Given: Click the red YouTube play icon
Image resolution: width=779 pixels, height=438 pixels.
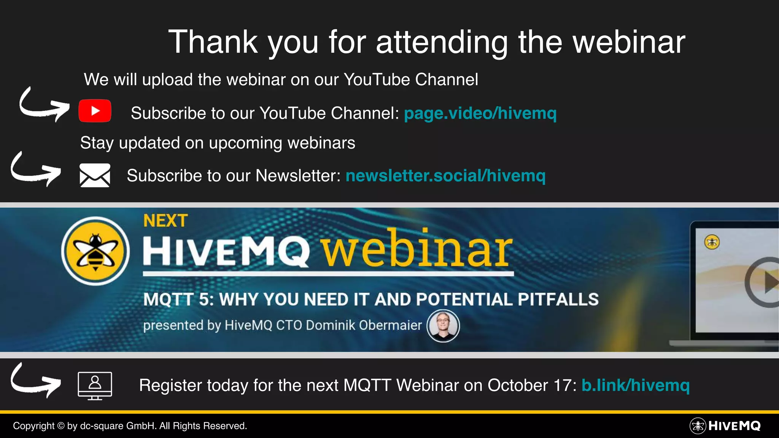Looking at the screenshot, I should (95, 111).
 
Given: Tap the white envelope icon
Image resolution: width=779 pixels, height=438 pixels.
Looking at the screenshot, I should (95, 175).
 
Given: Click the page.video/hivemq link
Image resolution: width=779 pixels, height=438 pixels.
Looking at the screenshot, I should (480, 113).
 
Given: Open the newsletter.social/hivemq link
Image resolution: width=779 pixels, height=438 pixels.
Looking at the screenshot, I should (445, 176).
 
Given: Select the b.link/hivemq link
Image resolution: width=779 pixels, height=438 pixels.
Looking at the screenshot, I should (635, 385).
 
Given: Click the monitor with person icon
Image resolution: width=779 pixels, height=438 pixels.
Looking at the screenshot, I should (95, 385).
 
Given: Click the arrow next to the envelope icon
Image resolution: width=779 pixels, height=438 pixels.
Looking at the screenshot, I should (35, 170).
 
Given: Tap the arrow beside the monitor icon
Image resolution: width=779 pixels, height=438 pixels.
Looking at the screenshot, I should (35, 381).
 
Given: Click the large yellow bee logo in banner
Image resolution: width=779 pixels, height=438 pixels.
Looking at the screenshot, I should (95, 251).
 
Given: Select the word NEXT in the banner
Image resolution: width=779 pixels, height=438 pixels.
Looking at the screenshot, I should (165, 221).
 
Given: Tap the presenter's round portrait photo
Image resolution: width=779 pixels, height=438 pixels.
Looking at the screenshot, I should (443, 326).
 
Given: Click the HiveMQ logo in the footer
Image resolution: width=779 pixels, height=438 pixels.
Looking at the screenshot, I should (725, 426).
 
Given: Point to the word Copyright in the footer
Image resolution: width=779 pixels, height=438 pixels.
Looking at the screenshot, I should (33, 426).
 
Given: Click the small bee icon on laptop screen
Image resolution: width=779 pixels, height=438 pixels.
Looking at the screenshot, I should (712, 242).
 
